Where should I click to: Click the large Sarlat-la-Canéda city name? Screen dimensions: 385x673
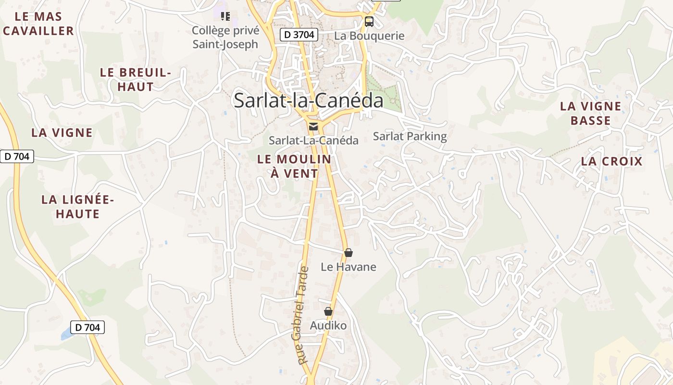(x=308, y=101)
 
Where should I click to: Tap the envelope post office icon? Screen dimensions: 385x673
(x=313, y=127)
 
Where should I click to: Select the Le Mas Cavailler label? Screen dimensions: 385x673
(x=38, y=24)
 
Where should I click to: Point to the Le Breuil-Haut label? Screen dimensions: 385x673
(x=136, y=80)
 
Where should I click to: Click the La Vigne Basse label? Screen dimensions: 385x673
(x=590, y=113)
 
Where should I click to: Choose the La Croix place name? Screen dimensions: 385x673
(x=611, y=161)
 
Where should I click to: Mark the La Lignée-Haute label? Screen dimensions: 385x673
(x=77, y=206)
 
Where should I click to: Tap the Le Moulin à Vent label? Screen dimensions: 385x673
(x=294, y=166)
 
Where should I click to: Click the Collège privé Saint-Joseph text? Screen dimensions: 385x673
(x=225, y=38)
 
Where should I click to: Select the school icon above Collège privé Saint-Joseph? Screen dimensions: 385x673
(x=225, y=16)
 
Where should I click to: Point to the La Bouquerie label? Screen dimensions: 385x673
(x=369, y=36)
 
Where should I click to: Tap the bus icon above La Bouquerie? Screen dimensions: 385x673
(x=369, y=21)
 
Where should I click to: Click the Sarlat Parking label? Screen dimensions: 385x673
(x=410, y=136)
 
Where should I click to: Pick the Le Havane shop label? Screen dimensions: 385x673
(x=348, y=267)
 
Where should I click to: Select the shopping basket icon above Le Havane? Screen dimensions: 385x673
(x=349, y=253)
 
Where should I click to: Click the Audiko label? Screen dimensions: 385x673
(x=328, y=326)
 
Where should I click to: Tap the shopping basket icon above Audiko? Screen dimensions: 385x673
(x=328, y=311)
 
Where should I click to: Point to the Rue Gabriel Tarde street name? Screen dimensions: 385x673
(x=302, y=315)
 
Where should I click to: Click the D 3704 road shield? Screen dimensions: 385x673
(x=299, y=35)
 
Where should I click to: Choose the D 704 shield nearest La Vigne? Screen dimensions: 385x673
(x=17, y=156)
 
